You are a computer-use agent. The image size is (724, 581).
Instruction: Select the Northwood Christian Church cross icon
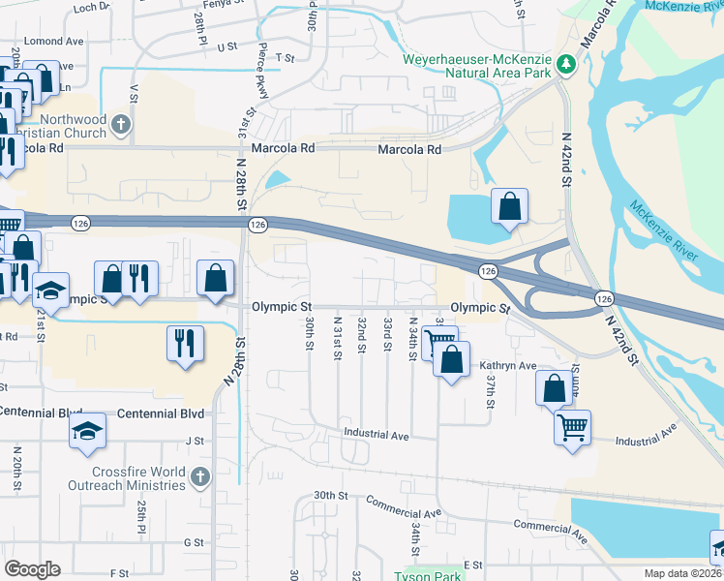pos(121,124)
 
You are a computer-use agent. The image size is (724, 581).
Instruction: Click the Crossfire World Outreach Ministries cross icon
pos(199,476)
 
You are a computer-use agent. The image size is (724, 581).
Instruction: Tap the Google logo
pos(32,569)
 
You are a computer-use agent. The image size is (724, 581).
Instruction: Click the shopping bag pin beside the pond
pos(509,206)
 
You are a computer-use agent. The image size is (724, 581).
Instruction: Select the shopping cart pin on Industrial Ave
pos(572,426)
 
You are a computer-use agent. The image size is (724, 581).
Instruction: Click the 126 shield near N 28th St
pos(257,225)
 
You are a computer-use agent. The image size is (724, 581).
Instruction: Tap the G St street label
pos(194,542)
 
